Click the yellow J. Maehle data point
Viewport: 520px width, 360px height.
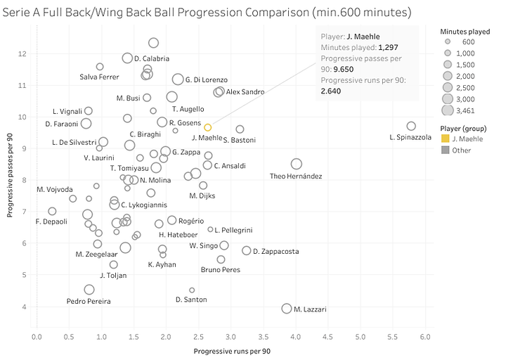[208, 127]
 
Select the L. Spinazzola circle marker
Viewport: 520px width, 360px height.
[411, 126]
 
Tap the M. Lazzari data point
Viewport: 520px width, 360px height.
[287, 309]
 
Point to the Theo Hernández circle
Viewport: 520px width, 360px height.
[297, 164]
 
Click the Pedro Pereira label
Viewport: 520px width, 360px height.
[85, 301]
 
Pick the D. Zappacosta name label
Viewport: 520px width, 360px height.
[275, 251]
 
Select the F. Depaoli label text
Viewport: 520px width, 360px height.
[51, 221]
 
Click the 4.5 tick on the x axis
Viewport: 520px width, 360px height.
[328, 337]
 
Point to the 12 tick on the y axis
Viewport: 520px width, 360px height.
[24, 53]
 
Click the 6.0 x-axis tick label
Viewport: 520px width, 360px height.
[425, 337]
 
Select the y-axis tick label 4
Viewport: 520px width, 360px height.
[25, 307]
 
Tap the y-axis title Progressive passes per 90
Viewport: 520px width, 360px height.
[10, 179]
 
